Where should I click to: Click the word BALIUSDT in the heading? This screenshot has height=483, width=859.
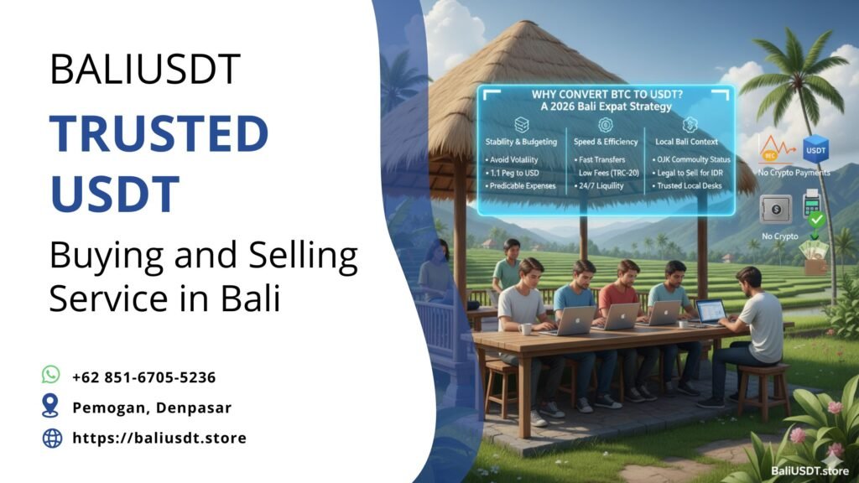point(145,69)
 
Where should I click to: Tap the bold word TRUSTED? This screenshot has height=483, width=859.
point(159,135)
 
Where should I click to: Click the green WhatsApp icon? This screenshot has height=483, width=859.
point(52,375)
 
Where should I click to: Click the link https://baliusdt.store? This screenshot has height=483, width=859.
point(159,438)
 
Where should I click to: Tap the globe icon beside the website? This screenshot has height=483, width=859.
point(52,438)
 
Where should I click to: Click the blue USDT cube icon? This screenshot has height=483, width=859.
point(815,150)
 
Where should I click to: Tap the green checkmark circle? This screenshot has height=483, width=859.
point(815,221)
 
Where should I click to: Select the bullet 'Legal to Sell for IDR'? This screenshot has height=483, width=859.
point(692,173)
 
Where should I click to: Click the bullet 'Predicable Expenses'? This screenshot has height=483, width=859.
point(521,185)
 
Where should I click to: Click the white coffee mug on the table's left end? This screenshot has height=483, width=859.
point(526,329)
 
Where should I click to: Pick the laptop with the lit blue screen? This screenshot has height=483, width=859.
point(710,312)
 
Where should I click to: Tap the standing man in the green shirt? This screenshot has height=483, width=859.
point(508,268)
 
